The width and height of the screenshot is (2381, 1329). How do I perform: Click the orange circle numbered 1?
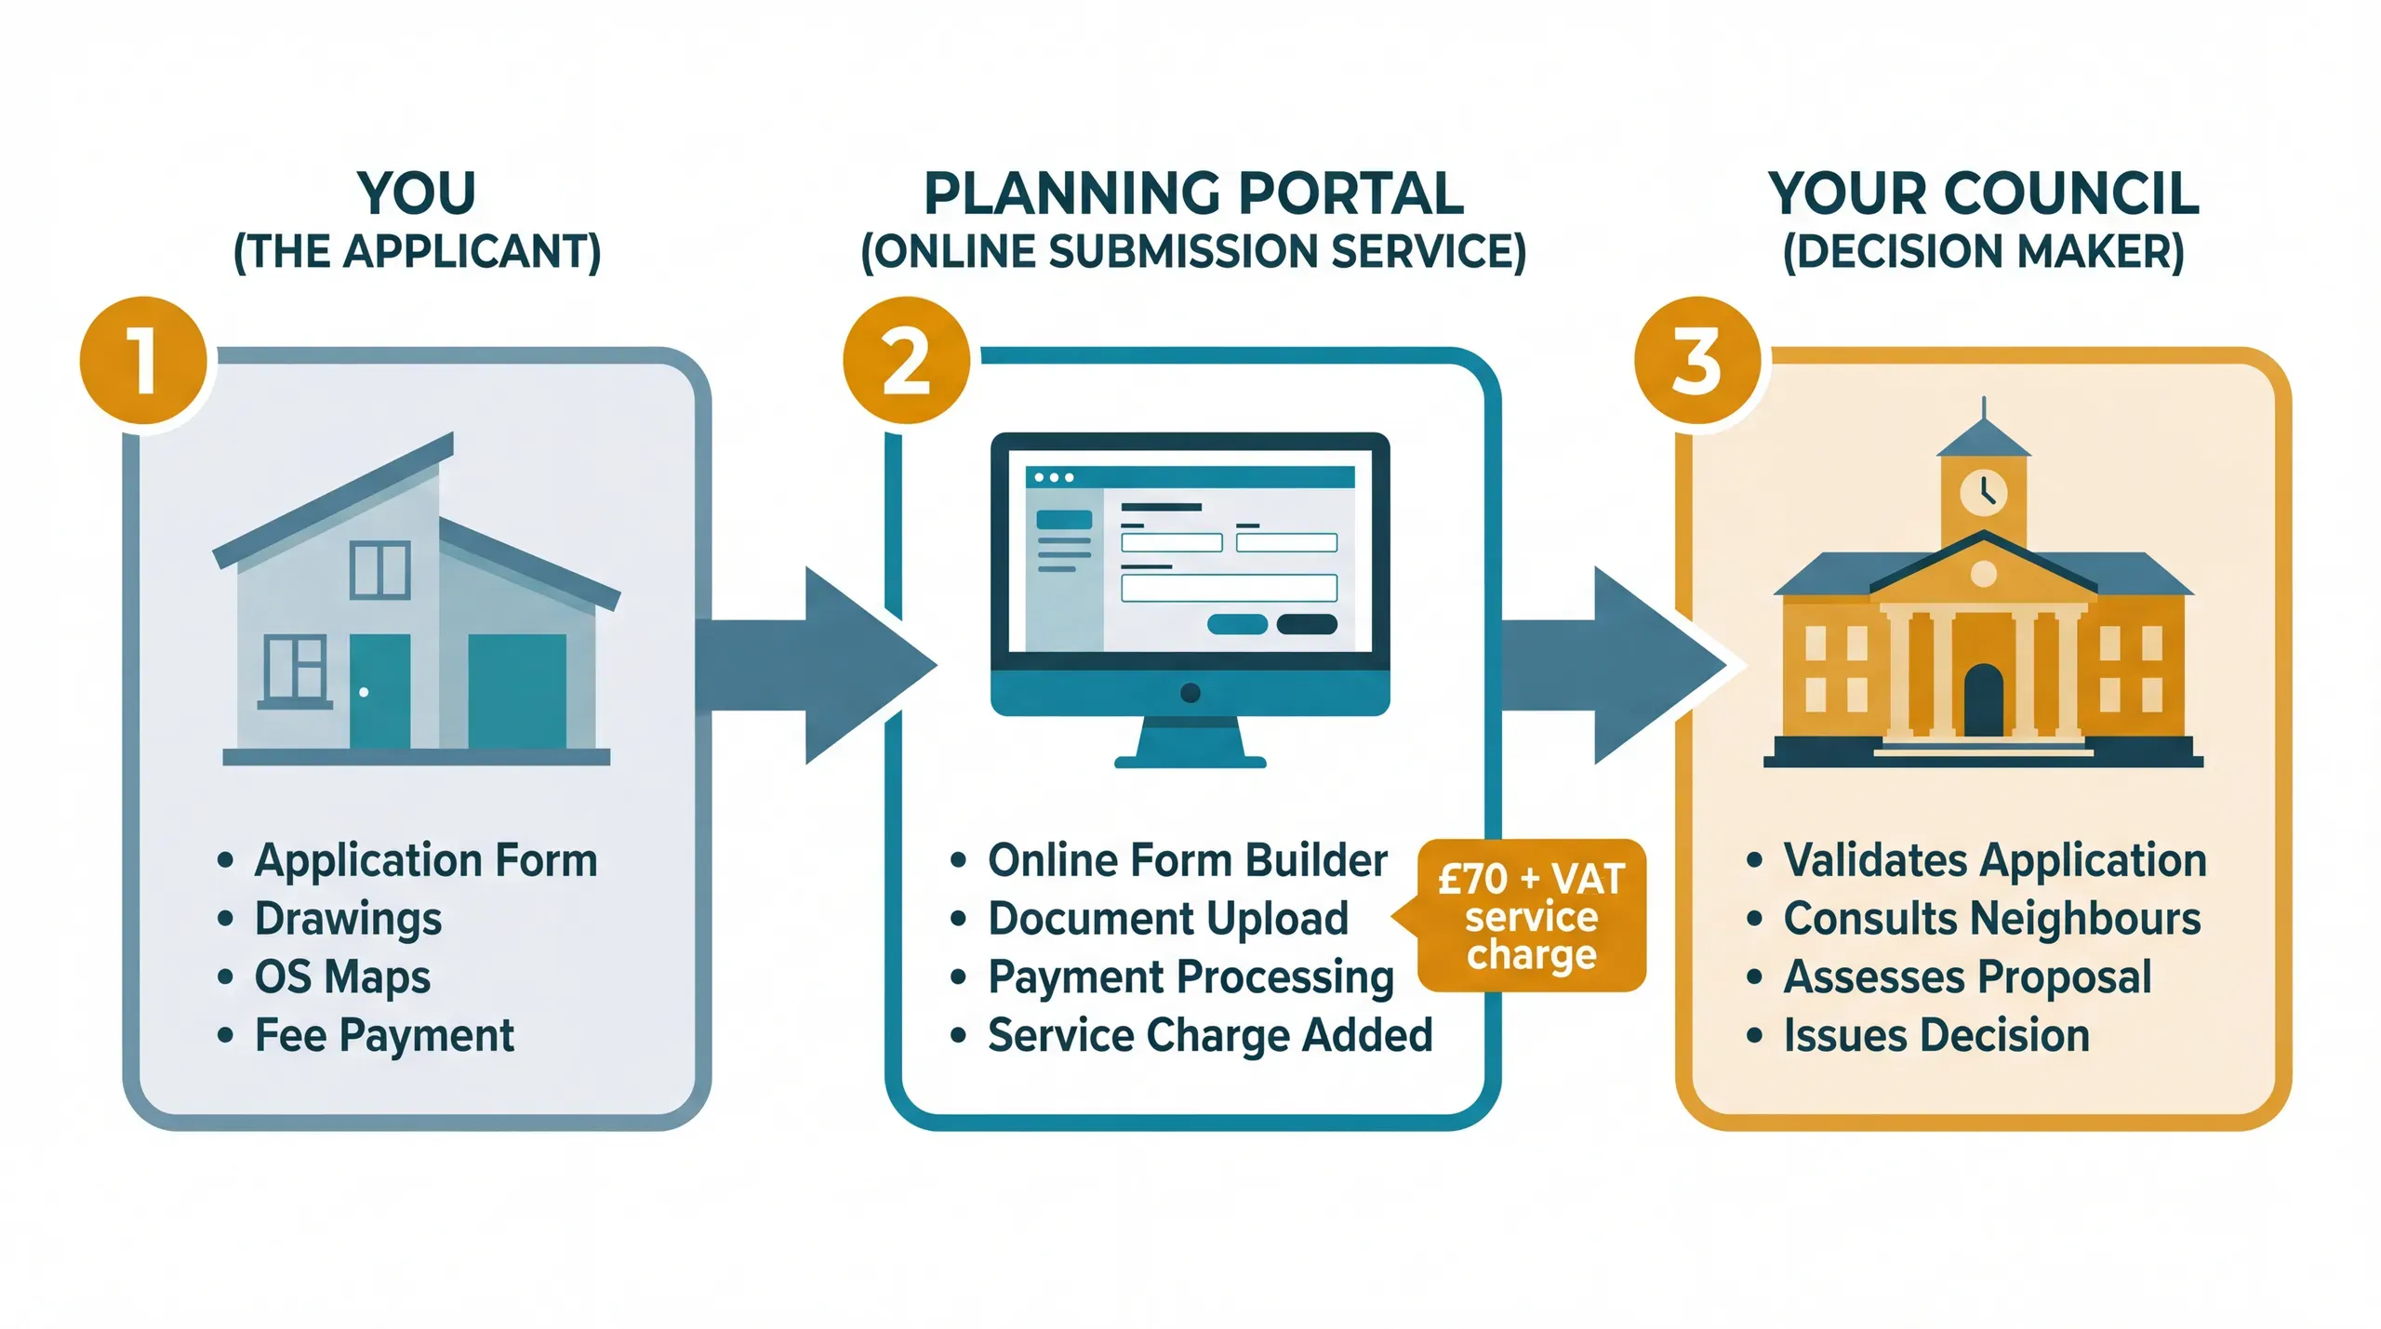tap(143, 361)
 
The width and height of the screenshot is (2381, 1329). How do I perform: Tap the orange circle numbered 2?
tap(906, 361)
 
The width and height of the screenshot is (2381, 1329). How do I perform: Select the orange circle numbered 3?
tap(1696, 361)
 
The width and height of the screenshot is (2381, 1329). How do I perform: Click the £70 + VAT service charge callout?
tap(1531, 916)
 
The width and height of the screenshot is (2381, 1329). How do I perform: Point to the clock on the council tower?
tap(1983, 491)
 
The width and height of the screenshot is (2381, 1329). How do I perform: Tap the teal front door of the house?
tap(379, 690)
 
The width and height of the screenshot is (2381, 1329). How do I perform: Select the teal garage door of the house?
tap(517, 690)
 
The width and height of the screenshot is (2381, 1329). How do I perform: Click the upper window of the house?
tap(379, 569)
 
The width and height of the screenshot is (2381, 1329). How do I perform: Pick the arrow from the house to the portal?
tap(809, 665)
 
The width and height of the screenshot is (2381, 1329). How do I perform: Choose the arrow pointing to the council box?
tap(1609, 665)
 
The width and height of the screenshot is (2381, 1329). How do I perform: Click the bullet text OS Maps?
tap(342, 977)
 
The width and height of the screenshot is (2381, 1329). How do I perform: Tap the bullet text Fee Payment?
tap(383, 1035)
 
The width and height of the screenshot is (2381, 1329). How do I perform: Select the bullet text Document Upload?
tap(1167, 919)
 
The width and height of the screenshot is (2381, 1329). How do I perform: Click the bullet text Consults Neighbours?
tap(1991, 919)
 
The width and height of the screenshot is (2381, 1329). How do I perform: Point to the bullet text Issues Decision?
tap(1935, 1035)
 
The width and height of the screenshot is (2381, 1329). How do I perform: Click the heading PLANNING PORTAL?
tap(1193, 194)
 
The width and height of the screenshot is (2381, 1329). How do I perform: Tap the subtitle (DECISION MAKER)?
tap(1983, 252)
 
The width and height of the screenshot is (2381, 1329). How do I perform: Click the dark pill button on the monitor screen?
tap(1307, 624)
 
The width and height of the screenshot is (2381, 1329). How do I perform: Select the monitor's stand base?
tap(1190, 762)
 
